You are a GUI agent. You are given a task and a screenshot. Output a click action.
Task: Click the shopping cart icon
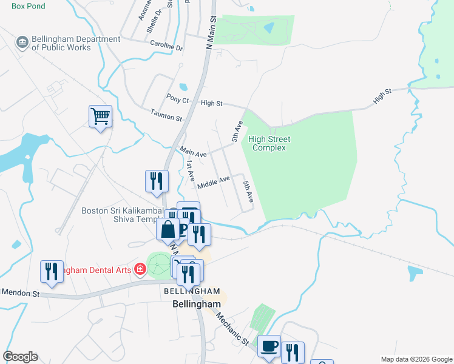coord(100,115)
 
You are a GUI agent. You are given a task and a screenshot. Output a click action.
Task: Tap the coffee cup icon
coord(269,346)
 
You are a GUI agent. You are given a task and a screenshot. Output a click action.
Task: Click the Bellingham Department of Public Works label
coord(68,43)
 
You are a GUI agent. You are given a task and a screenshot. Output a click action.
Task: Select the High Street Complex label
coord(269,143)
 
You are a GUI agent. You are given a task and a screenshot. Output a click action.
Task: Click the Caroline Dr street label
coord(167,46)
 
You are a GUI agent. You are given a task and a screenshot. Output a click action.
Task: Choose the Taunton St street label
coord(166,114)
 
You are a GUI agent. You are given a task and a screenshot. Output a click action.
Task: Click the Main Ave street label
coord(193,152)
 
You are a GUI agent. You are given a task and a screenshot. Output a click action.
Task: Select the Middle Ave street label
coord(213,181)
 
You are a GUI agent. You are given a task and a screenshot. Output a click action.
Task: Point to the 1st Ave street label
coord(190,170)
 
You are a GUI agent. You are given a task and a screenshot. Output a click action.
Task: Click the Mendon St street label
coord(21,292)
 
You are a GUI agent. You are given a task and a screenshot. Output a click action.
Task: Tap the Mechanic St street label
coord(232,328)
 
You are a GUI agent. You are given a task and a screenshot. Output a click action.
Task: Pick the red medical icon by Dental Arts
coord(140,268)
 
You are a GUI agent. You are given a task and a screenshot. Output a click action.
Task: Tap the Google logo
coord(20,357)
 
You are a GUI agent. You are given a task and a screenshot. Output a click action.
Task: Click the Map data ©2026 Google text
coord(416,359)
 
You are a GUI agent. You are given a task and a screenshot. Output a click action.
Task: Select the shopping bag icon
coord(168,229)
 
